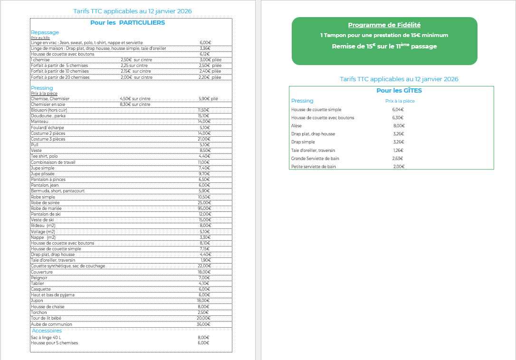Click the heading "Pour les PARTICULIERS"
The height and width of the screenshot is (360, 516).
pos(127,22)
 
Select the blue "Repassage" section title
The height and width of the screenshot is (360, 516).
pos(45,32)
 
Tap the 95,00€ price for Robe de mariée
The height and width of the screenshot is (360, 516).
pos(204,208)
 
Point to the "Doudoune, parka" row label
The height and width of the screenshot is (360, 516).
pos(48,115)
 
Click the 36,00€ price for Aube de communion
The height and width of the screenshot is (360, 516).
pos(204,324)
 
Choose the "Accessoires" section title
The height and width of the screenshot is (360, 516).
pos(47,331)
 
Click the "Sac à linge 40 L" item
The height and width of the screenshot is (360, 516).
pos(47,337)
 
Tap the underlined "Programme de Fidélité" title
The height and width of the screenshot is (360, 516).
pos(384,25)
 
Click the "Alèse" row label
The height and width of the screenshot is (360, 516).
pos(296,126)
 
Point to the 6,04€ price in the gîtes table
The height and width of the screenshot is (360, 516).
pos(398,110)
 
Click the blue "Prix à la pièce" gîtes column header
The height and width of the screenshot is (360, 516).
pos(400,101)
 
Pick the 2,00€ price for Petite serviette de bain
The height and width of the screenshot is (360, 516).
pos(399,167)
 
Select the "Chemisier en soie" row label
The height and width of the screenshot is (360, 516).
pos(48,104)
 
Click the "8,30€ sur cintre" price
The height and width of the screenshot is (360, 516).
pos(135,104)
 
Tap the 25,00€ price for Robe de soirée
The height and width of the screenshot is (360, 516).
pos(204,203)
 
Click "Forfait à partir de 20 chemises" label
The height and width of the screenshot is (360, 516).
pos(60,77)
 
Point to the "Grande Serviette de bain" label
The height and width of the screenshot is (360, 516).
pos(315,159)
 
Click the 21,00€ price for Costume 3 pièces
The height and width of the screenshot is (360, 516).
pos(204,139)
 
